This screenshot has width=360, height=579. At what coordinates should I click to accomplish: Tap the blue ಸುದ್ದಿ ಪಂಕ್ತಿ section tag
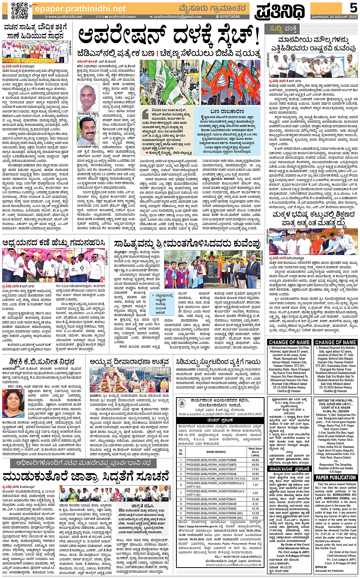[283, 28]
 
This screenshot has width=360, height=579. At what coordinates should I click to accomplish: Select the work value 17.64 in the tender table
[255, 469]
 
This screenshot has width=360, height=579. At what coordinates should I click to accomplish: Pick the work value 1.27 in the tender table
[255, 485]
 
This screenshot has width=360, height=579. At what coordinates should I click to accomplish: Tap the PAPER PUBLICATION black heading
[336, 477]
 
